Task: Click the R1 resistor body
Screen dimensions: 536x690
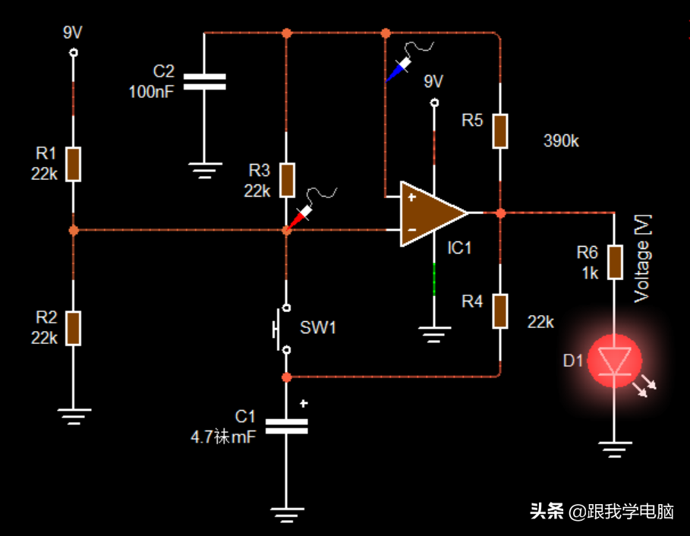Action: point(73,164)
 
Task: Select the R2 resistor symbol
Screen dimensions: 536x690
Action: point(73,327)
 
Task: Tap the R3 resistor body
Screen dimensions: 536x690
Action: point(286,179)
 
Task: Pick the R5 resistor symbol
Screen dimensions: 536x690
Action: point(500,131)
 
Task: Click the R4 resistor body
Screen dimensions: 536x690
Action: point(500,311)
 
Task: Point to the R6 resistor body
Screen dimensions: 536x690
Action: point(614,261)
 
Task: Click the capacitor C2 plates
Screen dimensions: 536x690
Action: point(205,81)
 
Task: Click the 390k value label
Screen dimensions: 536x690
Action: point(562,140)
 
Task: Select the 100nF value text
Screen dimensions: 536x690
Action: point(151,92)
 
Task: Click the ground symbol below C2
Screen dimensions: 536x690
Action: point(205,170)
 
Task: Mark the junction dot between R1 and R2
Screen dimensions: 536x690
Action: point(74,229)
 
